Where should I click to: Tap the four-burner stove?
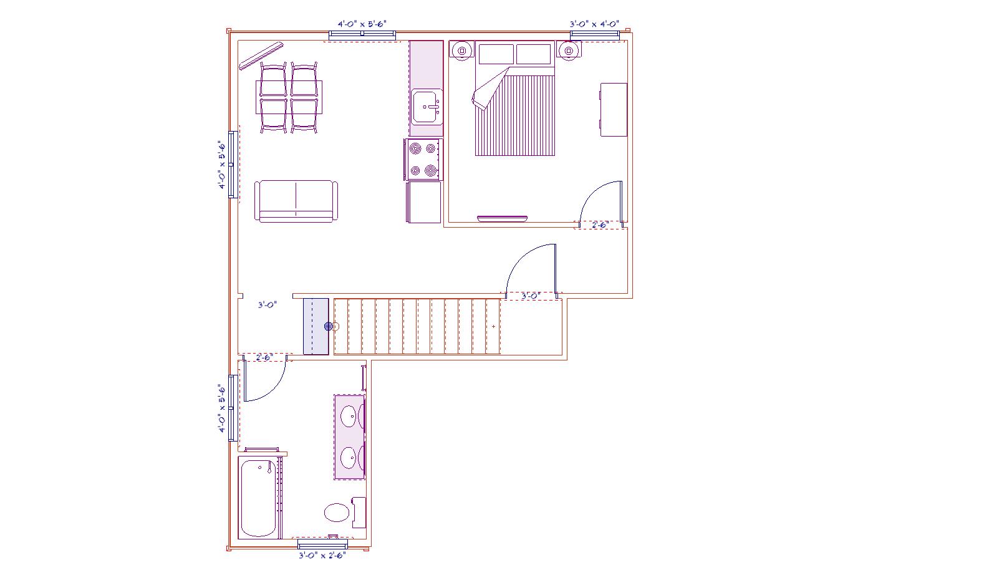[422, 159]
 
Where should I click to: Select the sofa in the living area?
[296, 201]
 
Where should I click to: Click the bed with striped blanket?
[515, 115]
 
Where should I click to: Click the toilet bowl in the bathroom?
[337, 513]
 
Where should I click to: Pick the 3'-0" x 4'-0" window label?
[594, 24]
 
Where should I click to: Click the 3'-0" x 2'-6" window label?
[322, 555]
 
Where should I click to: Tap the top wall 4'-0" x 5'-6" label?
[362, 24]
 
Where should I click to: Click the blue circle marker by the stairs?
[329, 326]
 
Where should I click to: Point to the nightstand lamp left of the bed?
[462, 51]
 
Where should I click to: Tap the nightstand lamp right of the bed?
[568, 51]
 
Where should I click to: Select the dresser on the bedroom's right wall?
[614, 109]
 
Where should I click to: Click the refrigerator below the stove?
[424, 201]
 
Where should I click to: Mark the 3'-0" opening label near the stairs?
[268, 305]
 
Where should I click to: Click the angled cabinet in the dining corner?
[261, 55]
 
